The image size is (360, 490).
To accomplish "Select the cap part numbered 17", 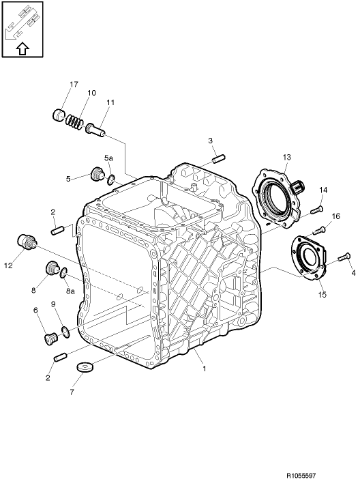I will pyautogui.click(x=60, y=114).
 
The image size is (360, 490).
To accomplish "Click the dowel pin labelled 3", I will pyautogui.click(x=218, y=160).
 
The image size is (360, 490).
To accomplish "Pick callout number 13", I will pyautogui.click(x=284, y=158).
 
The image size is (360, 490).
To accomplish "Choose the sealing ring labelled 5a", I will pyautogui.click(x=111, y=179).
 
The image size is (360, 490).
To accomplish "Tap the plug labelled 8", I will pyautogui.click(x=52, y=269).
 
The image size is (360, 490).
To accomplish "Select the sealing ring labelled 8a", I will pyautogui.click(x=63, y=274).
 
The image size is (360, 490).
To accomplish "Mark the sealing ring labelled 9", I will pyautogui.click(x=65, y=332).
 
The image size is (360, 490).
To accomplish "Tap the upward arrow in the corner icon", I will pyautogui.click(x=21, y=48).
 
